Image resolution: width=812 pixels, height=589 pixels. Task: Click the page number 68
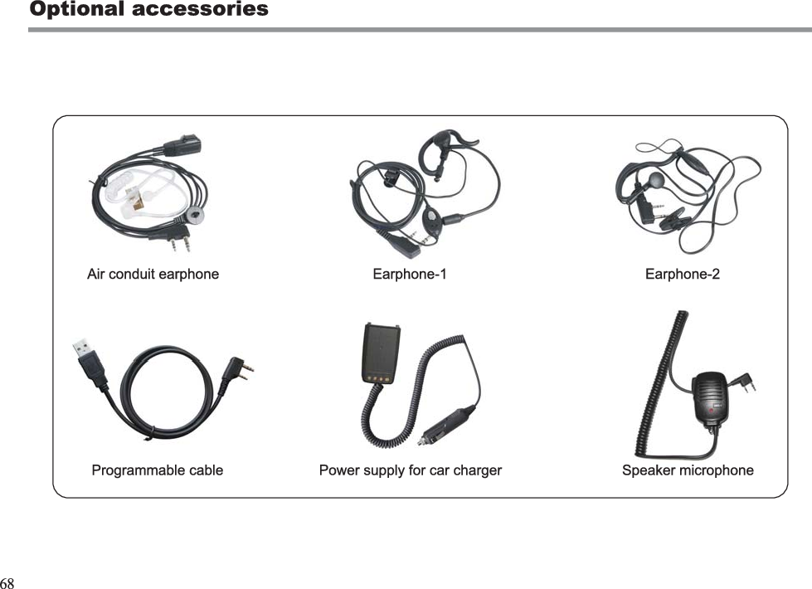[x=7, y=582]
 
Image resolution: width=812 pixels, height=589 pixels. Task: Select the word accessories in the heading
[x=201, y=9]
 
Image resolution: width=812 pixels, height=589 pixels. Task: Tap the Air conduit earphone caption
[x=153, y=274]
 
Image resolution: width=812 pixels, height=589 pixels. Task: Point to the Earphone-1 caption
[x=409, y=274]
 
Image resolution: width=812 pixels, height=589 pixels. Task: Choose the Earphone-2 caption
[x=682, y=274]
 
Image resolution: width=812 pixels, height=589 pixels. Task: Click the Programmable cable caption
[x=157, y=470]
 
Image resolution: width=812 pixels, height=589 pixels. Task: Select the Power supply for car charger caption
[x=410, y=470]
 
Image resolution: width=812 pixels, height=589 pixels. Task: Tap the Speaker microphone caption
[x=688, y=470]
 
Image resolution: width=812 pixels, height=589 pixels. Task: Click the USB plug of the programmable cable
[x=87, y=355]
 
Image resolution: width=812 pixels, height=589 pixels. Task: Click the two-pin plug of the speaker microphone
[x=744, y=382]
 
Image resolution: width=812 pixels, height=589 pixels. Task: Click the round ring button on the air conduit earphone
[x=195, y=214]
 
